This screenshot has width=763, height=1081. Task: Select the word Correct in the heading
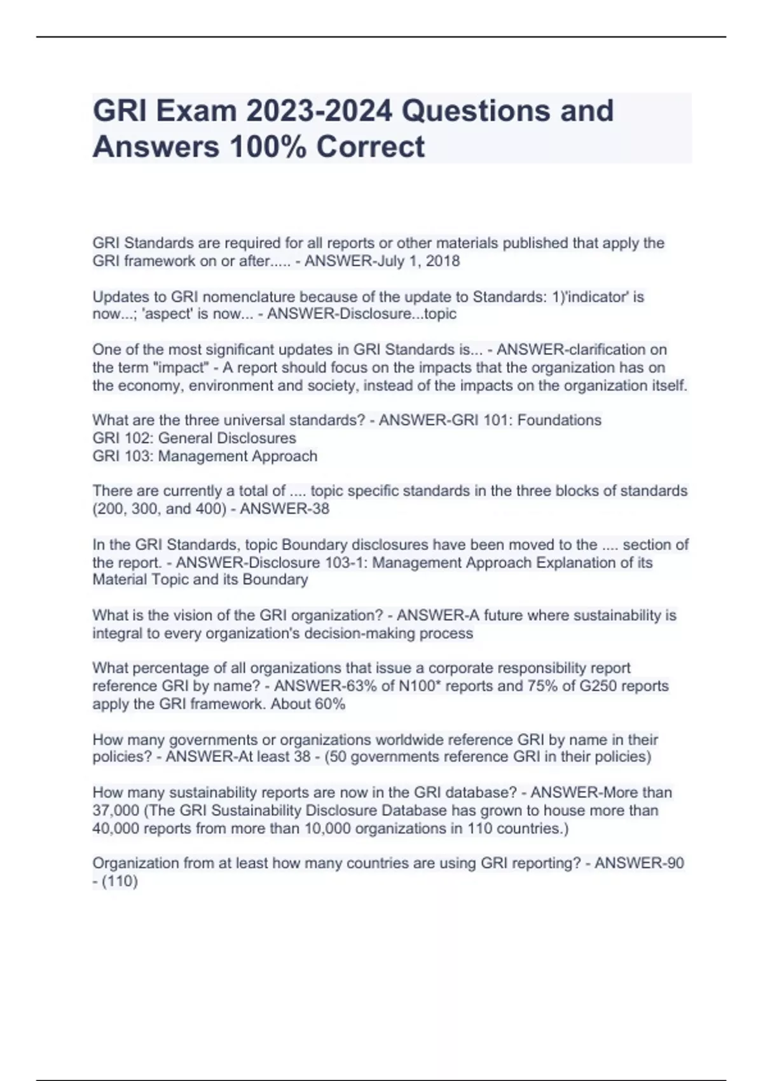370,146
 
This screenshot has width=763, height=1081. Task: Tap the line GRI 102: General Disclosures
194,438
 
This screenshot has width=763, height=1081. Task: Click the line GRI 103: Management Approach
205,456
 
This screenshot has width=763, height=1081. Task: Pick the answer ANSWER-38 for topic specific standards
284,509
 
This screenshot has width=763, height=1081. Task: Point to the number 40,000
116,829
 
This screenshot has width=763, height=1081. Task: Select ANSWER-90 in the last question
638,864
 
